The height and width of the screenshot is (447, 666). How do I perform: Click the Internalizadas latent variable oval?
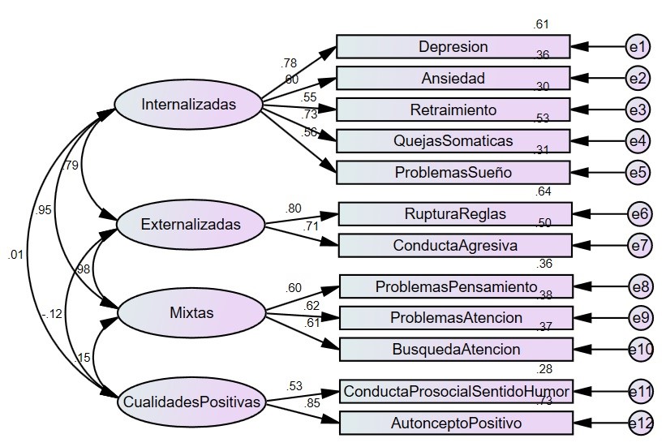click(x=188, y=105)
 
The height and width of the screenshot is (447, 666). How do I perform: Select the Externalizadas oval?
click(x=191, y=224)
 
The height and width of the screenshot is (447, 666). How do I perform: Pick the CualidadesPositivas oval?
click(x=192, y=401)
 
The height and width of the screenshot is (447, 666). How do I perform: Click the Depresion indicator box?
click(x=453, y=47)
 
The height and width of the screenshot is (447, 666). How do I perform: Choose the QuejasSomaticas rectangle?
click(x=453, y=141)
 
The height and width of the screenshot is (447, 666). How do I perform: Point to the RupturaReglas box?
click(x=455, y=214)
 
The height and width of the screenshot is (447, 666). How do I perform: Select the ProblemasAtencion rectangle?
click(x=456, y=317)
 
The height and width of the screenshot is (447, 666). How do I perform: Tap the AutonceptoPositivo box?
click(x=456, y=423)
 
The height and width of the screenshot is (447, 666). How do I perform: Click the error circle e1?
click(x=638, y=47)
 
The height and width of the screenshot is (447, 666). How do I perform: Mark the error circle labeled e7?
click(x=639, y=245)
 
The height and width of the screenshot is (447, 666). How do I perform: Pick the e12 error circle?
click(x=640, y=423)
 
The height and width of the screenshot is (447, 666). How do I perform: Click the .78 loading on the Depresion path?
click(x=288, y=63)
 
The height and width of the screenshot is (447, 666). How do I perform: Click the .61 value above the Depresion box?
click(x=541, y=25)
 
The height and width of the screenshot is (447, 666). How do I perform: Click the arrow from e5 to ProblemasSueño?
click(x=599, y=172)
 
